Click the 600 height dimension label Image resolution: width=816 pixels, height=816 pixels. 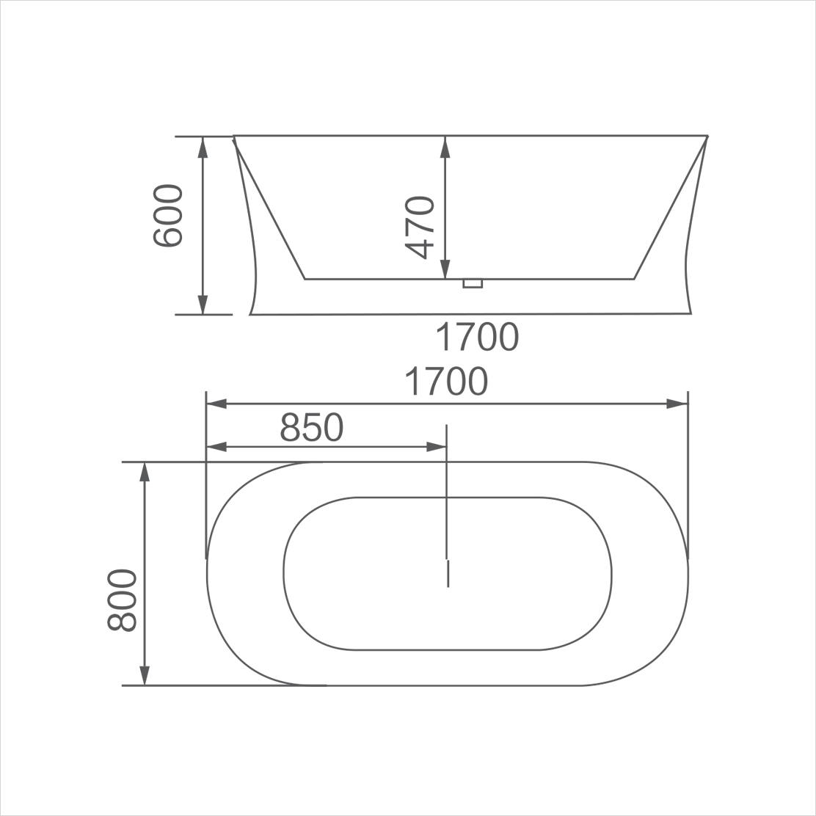click(x=167, y=216)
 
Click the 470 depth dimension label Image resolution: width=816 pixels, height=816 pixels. click(x=420, y=227)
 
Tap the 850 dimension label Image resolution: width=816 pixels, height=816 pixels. click(x=312, y=427)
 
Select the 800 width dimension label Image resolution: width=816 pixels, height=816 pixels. click(x=122, y=600)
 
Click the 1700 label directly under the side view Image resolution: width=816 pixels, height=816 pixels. click(x=477, y=337)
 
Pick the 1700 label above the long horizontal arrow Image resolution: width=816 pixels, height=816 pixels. click(x=446, y=382)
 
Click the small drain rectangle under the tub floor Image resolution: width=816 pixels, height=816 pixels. click(x=473, y=283)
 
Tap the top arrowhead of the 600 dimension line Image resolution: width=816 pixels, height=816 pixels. click(x=203, y=145)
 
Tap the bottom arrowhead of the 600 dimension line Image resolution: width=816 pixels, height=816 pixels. click(x=203, y=305)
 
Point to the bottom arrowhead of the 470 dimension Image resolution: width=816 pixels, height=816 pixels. click(x=445, y=270)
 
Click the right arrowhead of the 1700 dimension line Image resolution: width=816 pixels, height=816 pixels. click(x=677, y=404)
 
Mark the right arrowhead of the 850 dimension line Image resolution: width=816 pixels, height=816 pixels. click(x=437, y=446)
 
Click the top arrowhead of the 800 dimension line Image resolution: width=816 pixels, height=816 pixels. click(x=145, y=471)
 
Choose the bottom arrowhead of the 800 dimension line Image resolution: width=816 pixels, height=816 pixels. click(x=145, y=676)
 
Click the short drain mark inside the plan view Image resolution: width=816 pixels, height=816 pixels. click(x=448, y=573)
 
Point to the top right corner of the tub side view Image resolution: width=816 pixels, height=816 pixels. click(x=707, y=136)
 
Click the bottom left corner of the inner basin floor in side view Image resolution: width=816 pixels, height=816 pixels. click(x=305, y=279)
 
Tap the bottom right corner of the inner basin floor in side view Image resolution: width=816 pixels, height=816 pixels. click(x=634, y=279)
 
